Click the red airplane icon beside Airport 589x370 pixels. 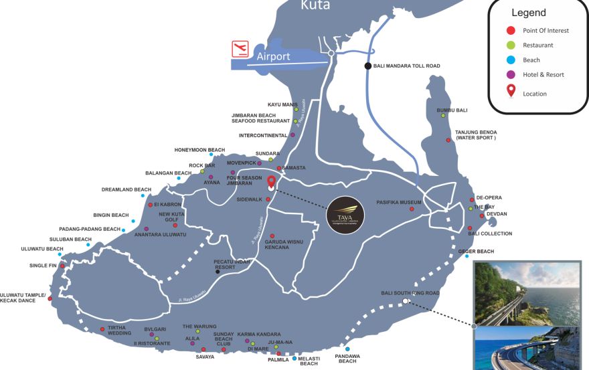(240, 49)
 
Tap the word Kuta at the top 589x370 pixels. (315, 6)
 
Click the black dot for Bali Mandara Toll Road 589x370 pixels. (367, 66)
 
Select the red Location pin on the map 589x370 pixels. (271, 182)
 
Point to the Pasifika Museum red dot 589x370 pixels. (412, 209)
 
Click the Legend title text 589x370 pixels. (528, 13)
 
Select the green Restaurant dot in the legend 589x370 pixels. (511, 45)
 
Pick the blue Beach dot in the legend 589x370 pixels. (511, 60)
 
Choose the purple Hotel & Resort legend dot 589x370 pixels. (511, 75)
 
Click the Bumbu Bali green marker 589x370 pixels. (443, 116)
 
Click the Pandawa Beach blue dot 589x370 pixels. (347, 349)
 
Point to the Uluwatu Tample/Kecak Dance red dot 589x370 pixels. (50, 299)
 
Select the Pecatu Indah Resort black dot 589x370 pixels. (218, 272)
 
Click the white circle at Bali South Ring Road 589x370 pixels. (405, 302)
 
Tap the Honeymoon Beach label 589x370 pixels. (199, 150)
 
